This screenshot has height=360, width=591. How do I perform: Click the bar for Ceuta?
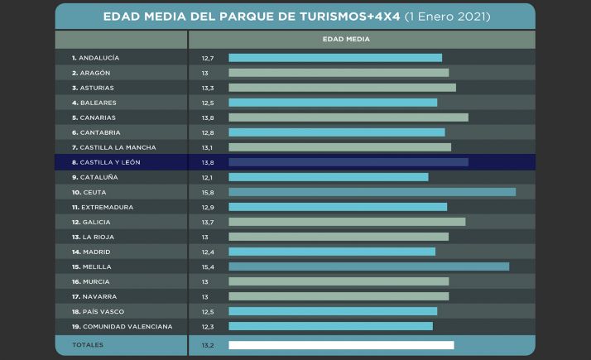[x=372, y=192]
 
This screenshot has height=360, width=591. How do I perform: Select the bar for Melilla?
[x=368, y=266]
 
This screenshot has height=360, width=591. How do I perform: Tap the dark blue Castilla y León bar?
[x=348, y=162]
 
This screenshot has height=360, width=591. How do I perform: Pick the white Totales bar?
[x=341, y=345]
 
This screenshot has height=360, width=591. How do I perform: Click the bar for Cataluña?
[x=328, y=177]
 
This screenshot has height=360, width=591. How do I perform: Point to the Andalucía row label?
[x=95, y=58]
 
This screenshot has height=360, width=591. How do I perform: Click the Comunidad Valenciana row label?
[x=122, y=327]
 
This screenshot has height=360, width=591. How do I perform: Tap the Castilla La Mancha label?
[x=113, y=147]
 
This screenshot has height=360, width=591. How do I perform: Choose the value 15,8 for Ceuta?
[x=208, y=192]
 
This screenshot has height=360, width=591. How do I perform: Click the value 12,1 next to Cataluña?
[x=207, y=177]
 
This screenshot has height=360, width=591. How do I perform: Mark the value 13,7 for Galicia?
[x=208, y=222]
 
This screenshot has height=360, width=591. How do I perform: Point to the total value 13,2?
[x=208, y=345]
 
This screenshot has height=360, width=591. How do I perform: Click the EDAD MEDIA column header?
[x=346, y=39]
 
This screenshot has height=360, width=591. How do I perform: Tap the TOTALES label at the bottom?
[x=89, y=345]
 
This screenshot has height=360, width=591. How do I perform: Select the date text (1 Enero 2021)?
[x=447, y=17]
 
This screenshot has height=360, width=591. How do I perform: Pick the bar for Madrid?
[x=331, y=252]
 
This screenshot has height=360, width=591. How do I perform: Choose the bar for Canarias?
[x=348, y=118]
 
